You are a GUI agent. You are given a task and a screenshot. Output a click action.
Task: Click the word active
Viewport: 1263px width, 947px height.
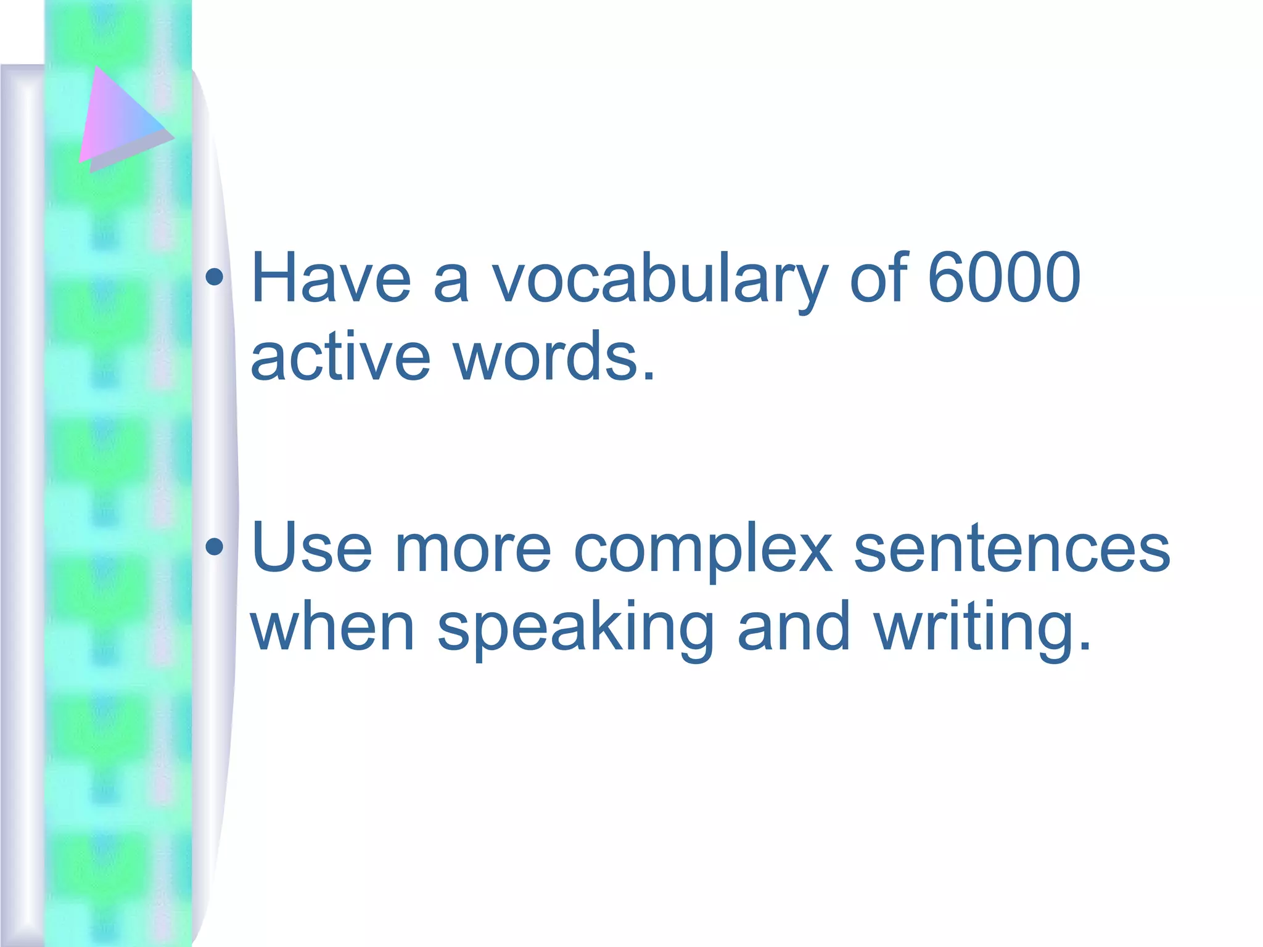[340, 356]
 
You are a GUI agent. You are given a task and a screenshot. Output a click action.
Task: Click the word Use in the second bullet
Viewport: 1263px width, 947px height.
[312, 547]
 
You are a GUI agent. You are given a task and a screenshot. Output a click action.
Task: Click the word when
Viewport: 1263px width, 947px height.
[332, 626]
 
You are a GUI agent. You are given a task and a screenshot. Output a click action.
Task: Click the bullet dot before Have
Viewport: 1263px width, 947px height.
[215, 278]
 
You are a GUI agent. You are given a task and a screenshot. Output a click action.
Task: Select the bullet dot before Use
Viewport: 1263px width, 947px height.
[215, 546]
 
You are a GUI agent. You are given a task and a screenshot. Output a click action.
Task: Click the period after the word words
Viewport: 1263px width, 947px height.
[648, 374]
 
